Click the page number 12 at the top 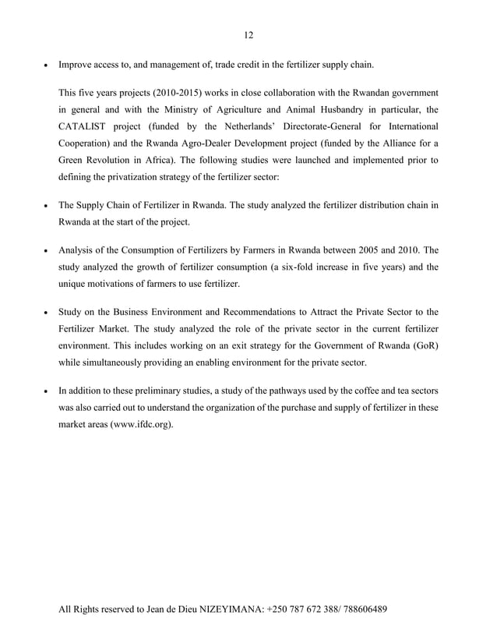click(248, 34)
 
